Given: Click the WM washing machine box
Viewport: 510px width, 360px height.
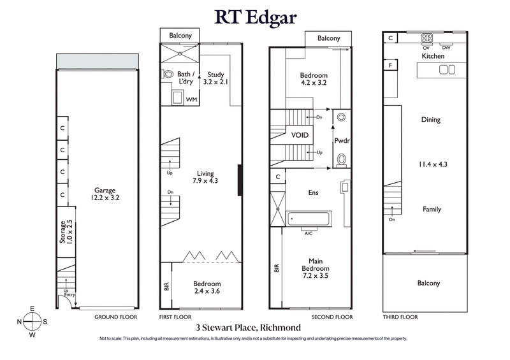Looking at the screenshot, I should (191, 99).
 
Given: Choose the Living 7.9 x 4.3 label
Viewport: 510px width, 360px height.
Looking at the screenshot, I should (205, 177).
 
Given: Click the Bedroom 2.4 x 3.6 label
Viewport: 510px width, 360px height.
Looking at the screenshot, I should (207, 287).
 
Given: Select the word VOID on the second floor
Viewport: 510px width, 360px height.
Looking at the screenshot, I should (300, 135).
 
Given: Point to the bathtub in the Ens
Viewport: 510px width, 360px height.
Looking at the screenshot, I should (307, 219).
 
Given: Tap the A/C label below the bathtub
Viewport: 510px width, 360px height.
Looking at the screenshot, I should (308, 233).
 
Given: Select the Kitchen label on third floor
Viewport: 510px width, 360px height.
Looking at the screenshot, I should (432, 56).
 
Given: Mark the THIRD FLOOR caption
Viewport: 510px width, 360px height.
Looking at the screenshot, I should (400, 317).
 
